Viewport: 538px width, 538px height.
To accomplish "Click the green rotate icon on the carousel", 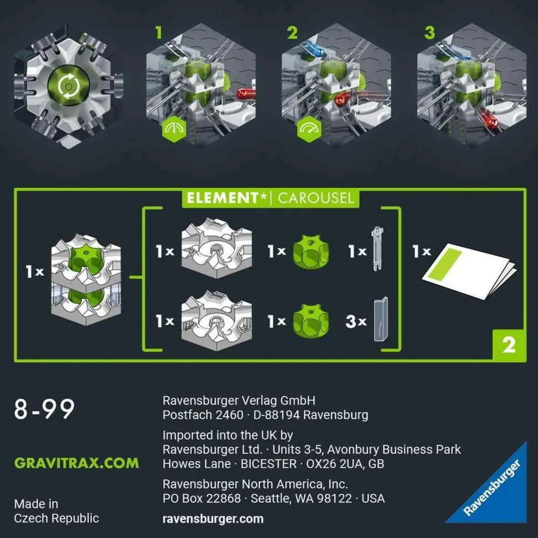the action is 69,86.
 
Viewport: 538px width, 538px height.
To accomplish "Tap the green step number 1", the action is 158,33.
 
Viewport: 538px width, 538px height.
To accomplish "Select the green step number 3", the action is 430,33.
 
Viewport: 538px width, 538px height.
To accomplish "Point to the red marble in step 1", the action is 246,93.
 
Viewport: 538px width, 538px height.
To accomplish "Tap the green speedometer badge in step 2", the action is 309,129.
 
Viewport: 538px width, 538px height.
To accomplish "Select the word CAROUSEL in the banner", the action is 316,199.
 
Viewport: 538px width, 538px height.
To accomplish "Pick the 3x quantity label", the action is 356,322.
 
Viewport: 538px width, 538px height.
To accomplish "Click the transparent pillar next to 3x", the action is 381,319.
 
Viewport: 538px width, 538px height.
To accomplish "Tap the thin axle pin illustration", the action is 377,248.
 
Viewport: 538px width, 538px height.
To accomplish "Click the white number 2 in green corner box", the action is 509,345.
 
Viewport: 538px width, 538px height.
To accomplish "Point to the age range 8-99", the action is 44,409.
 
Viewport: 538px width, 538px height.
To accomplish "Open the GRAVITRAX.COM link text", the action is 77,463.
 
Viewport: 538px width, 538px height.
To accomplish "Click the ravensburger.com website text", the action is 213,519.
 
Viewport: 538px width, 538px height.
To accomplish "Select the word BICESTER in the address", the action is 268,464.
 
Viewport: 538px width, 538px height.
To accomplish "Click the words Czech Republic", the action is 57,518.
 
